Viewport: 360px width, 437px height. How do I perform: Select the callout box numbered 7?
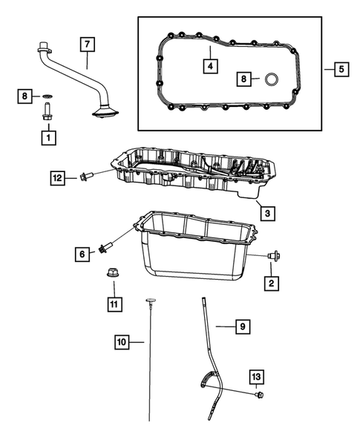[x=87, y=45]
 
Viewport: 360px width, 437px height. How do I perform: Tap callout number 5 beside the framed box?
[x=341, y=70]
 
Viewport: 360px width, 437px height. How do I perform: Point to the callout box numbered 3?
[x=267, y=213]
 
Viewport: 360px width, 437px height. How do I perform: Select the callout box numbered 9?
[x=240, y=325]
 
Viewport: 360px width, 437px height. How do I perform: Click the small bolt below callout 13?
[x=258, y=395]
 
